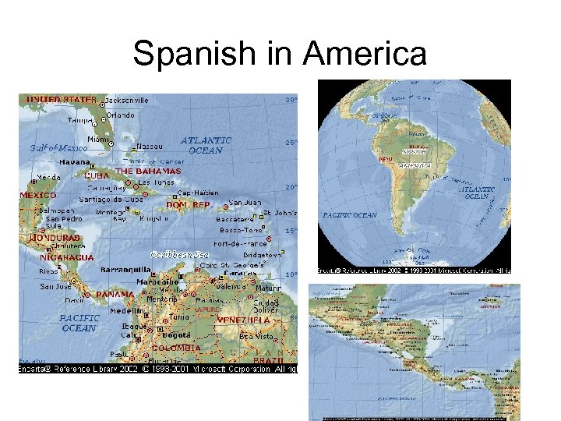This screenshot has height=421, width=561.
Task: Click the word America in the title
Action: click(x=364, y=55)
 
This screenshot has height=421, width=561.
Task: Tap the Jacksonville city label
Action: click(x=127, y=100)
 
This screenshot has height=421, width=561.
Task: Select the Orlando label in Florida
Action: click(x=120, y=115)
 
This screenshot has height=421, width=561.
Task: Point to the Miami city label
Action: click(x=98, y=139)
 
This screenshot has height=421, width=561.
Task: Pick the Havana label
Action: click(x=76, y=162)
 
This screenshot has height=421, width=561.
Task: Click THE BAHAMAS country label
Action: click(x=148, y=171)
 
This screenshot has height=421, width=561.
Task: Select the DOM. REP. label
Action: click(x=190, y=204)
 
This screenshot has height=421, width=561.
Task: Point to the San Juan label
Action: click(x=245, y=202)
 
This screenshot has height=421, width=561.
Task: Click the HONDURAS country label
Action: click(x=55, y=237)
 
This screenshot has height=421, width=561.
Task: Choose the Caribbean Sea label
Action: click(x=180, y=254)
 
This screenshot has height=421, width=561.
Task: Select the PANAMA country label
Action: click(x=115, y=295)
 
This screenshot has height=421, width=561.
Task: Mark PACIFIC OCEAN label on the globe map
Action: click(x=350, y=214)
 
